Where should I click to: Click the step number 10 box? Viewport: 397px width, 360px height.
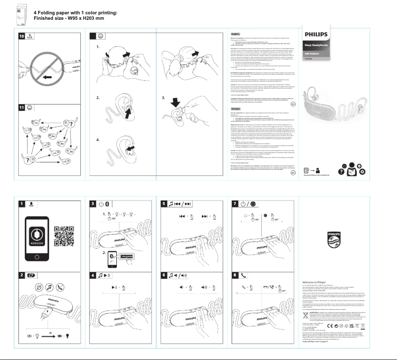click(22, 36)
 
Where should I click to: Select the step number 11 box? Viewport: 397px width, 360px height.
click(22, 107)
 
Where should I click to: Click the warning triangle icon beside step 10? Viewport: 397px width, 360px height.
click(31, 36)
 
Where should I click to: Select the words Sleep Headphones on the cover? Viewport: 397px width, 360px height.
click(316, 46)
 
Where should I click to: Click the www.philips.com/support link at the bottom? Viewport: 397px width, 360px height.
click(317, 342)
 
